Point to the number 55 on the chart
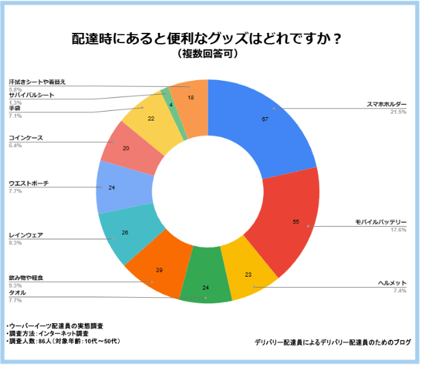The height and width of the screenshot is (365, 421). [x=295, y=222]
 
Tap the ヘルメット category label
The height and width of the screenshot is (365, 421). [x=392, y=283]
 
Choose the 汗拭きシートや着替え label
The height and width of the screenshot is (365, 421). [x=37, y=82]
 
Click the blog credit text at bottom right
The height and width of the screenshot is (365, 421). [x=334, y=341]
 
